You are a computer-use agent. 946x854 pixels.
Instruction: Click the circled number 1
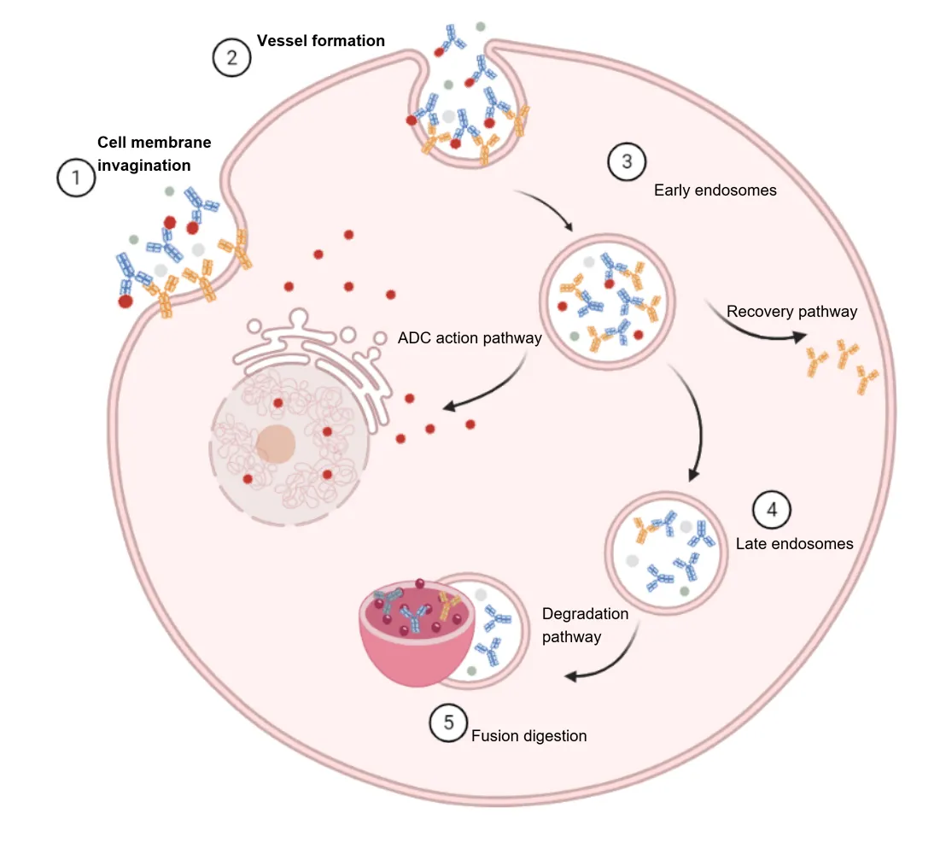76,178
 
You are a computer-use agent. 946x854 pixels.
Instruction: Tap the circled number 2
231,58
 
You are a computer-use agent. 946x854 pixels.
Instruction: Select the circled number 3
627,161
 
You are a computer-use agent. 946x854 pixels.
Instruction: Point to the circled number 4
772,510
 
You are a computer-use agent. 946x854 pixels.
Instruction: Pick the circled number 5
449,722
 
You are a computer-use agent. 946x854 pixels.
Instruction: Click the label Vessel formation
321,41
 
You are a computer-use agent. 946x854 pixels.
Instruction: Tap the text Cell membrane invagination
154,154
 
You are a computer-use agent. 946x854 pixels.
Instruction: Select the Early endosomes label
715,190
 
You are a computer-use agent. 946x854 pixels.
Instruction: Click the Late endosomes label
794,543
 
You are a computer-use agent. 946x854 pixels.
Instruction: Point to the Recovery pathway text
791,312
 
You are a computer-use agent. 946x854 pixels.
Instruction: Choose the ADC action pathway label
470,338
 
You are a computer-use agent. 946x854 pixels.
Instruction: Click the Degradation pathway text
585,625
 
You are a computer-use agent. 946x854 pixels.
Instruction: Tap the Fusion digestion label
528,735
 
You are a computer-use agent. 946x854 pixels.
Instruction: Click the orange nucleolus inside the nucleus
275,444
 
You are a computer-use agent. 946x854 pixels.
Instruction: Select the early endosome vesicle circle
607,299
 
